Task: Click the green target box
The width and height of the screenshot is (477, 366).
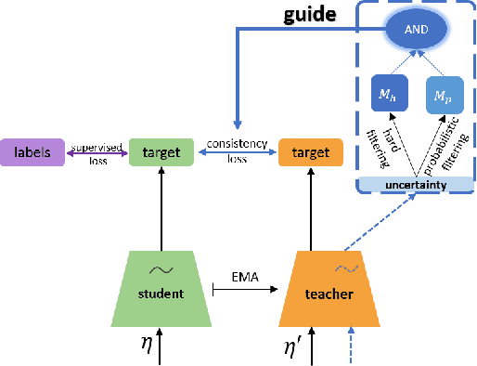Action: point(161,150)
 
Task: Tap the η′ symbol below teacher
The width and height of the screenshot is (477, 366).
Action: point(294,347)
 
